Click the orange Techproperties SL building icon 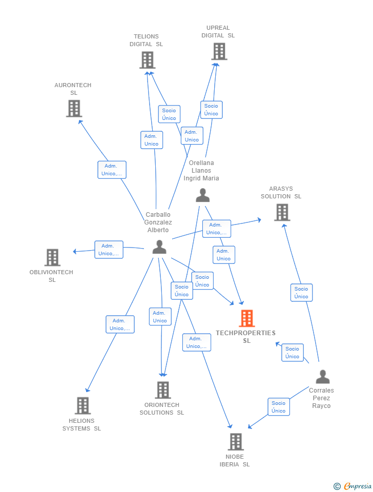click(x=247, y=318)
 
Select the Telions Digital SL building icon click(x=147, y=60)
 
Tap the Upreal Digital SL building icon click(x=219, y=51)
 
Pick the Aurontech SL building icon click(x=74, y=108)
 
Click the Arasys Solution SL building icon click(x=282, y=212)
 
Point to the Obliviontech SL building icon click(x=52, y=257)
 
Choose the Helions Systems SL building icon click(x=82, y=405)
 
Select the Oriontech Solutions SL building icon click(x=162, y=390)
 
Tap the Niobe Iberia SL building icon click(x=235, y=441)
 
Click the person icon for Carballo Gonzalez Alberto click(x=159, y=247)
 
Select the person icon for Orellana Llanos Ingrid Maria click(x=203, y=195)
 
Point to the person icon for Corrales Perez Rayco click(x=322, y=377)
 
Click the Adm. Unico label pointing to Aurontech click(x=112, y=170)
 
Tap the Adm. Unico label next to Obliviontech click(x=109, y=250)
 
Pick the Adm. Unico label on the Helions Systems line click(x=120, y=324)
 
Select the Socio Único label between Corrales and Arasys click(x=301, y=293)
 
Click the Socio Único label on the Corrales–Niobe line click(x=279, y=407)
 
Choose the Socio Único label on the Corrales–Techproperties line click(x=293, y=353)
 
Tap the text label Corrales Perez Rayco click(x=321, y=398)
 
